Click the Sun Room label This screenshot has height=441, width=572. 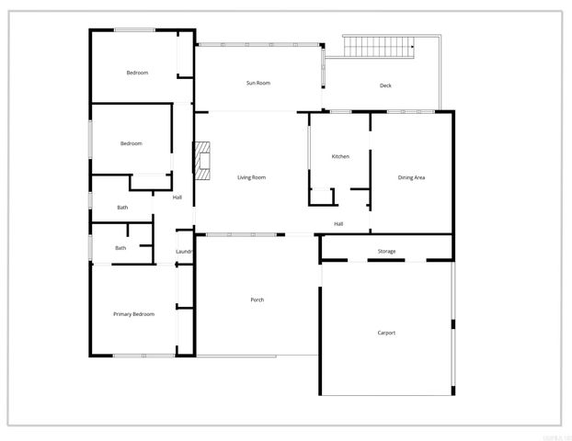pos(257,84)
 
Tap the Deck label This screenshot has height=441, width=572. pos(385,86)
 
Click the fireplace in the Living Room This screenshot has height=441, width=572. pos(201,158)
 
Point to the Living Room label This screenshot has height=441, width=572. pos(251,177)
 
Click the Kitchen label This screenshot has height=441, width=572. pos(340,157)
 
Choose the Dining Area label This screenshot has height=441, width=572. pos(411,177)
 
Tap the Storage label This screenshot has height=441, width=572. pos(386,251)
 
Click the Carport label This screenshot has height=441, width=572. pos(386,333)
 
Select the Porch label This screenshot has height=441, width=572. pos(257,300)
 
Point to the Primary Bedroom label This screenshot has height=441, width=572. pos(133,314)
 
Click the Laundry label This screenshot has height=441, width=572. pos(184,251)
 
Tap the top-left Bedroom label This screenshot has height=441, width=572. pos(137,73)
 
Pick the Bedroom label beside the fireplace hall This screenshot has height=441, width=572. pos(132,143)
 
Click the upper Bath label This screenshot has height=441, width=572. pos(122,208)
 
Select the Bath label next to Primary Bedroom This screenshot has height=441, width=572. pos(120,248)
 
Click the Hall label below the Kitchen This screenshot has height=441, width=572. pos(338,224)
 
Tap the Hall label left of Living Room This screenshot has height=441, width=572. pos(177,197)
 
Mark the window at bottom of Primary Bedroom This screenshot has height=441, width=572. pos(143,356)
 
